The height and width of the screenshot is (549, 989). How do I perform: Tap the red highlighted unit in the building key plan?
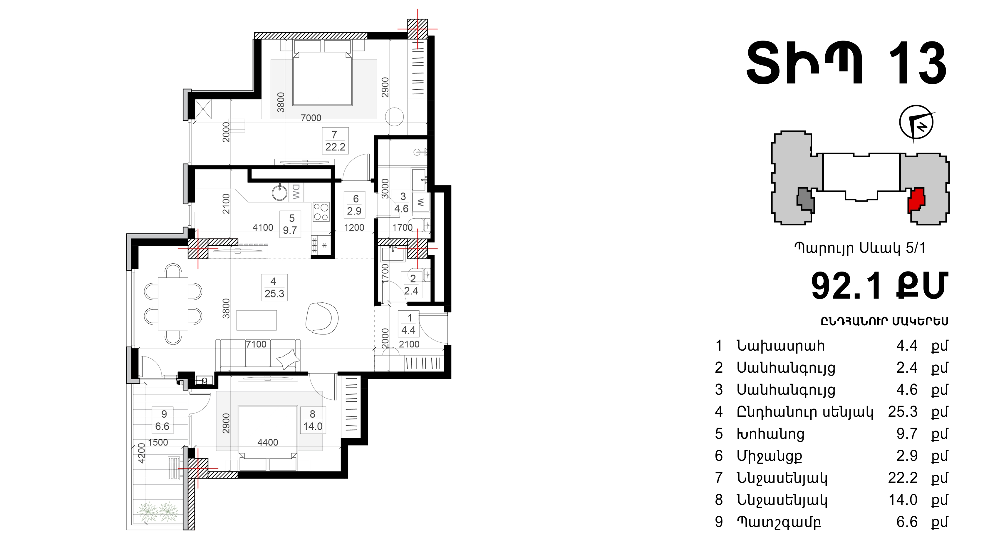[x=916, y=200]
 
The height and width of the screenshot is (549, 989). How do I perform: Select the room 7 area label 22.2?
[x=335, y=147]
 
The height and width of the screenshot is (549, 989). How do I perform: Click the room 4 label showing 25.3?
[x=274, y=293]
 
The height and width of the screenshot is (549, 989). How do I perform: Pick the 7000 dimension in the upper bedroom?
[x=311, y=118]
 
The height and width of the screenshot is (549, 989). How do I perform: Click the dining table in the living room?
[x=173, y=304]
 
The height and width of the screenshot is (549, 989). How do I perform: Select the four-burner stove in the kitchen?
[x=321, y=212]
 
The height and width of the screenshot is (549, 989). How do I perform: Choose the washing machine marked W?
[x=421, y=202]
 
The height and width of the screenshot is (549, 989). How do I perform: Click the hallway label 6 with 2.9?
[x=354, y=205]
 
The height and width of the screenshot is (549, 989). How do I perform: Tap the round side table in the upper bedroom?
[x=394, y=116]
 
